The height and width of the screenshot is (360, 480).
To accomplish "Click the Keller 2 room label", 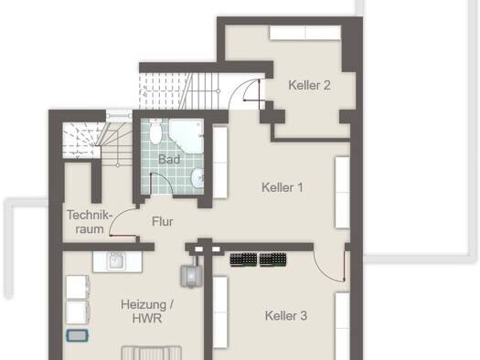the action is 310,85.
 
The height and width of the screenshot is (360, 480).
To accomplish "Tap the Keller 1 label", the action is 283,187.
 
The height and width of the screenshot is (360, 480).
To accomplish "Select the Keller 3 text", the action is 286,315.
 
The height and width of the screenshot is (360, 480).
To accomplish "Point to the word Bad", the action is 169,159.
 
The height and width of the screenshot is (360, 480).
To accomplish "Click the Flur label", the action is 163,221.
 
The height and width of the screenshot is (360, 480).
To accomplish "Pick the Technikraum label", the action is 89,222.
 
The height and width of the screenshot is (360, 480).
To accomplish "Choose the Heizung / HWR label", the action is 147,312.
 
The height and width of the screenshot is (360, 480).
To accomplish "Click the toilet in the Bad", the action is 155,132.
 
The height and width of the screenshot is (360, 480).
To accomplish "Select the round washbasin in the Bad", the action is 197,177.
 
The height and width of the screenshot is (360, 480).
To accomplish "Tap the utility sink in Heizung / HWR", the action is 117,262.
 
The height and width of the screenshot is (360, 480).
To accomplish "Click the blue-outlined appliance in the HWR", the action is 78,335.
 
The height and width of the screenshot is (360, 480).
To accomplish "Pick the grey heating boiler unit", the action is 190,276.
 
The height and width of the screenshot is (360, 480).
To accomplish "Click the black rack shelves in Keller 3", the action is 258,260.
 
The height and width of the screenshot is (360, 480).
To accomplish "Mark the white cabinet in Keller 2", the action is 305,33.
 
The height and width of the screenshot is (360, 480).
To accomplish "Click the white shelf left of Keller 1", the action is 219,163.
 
